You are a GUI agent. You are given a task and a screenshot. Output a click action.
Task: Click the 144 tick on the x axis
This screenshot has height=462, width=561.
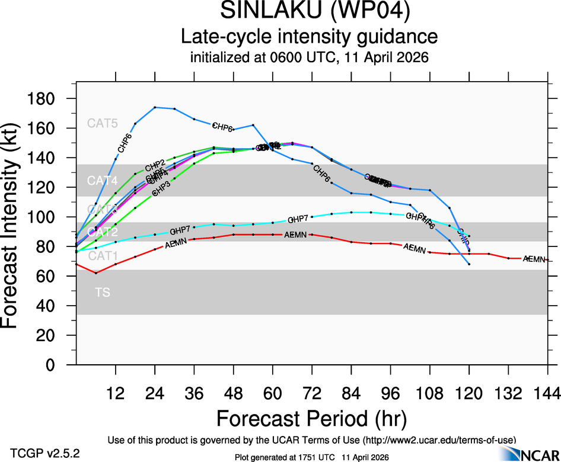tap(547, 393)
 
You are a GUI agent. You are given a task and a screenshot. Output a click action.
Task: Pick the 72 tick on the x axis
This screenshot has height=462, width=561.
tap(312, 393)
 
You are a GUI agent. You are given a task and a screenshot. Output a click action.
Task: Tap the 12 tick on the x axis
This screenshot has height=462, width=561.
tap(116, 393)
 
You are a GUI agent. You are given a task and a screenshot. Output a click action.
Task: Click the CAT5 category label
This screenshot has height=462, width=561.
tap(103, 124)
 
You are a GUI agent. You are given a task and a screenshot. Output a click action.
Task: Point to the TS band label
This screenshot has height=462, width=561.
tap(103, 293)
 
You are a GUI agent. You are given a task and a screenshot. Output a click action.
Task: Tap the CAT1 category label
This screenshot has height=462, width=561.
tap(103, 256)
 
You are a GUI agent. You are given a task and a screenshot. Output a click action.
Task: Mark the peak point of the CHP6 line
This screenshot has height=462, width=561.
tap(155, 107)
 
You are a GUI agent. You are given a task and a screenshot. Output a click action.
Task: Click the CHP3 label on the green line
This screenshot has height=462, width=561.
tap(162, 188)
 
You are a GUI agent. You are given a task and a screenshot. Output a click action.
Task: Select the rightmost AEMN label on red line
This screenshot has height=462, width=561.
tap(534, 259)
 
